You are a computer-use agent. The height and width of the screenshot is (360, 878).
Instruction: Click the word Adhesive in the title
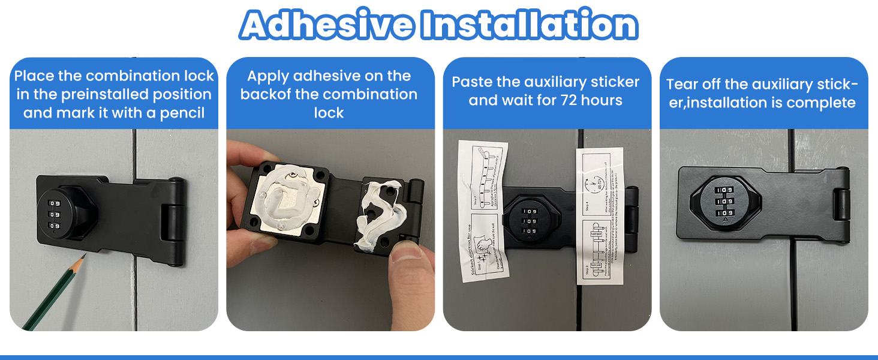coord(327,25)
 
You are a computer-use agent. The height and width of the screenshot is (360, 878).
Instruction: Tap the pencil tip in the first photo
coord(83,257)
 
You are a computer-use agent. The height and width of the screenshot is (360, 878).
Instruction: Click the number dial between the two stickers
coord(530,221)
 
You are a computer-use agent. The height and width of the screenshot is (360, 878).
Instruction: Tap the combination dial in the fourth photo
coord(726,201)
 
